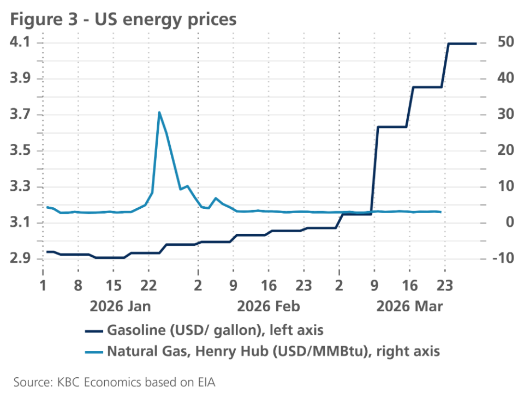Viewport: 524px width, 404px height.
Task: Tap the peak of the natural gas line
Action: (159, 112)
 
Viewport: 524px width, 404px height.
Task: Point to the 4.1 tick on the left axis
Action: (21, 43)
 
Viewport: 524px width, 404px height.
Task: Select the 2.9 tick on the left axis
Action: (21, 259)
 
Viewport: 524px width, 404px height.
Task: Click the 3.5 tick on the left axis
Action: (21, 151)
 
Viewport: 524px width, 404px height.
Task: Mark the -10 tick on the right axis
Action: (503, 259)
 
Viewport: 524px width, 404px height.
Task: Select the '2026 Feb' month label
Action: (269, 305)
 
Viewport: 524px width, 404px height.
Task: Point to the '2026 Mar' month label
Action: (410, 305)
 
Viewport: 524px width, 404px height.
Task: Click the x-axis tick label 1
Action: (43, 285)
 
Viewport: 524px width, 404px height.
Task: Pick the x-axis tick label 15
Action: (113, 285)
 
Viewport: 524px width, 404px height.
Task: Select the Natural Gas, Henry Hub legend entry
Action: (273, 351)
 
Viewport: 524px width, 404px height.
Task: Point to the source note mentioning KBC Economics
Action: (115, 382)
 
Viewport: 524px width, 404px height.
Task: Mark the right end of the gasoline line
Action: (477, 44)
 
